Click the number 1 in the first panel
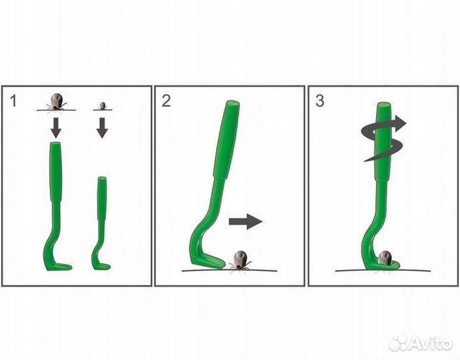coord(13,101)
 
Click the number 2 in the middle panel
coord(166,101)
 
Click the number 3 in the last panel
coord(320,101)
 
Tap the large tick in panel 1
coord(56,102)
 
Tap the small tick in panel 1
coord(102,105)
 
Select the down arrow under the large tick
coord(56,127)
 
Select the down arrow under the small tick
coord(102,127)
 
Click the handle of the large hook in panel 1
coord(56,171)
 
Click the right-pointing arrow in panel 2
coord(245,221)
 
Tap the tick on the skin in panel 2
coord(240,259)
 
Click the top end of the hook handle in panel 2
coord(233,103)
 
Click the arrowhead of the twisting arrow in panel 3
coord(400,123)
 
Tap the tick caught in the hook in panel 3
coord(385,258)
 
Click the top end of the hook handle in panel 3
coord(384,105)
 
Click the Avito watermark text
coord(431,343)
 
